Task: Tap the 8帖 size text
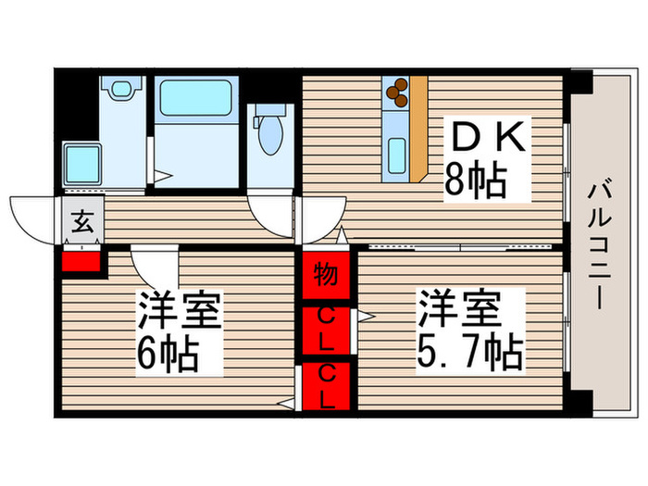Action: click(x=475, y=181)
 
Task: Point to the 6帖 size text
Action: click(x=168, y=353)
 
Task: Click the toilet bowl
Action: click(x=270, y=135)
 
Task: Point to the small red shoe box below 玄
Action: click(x=81, y=259)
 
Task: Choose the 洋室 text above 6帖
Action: click(x=180, y=311)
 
